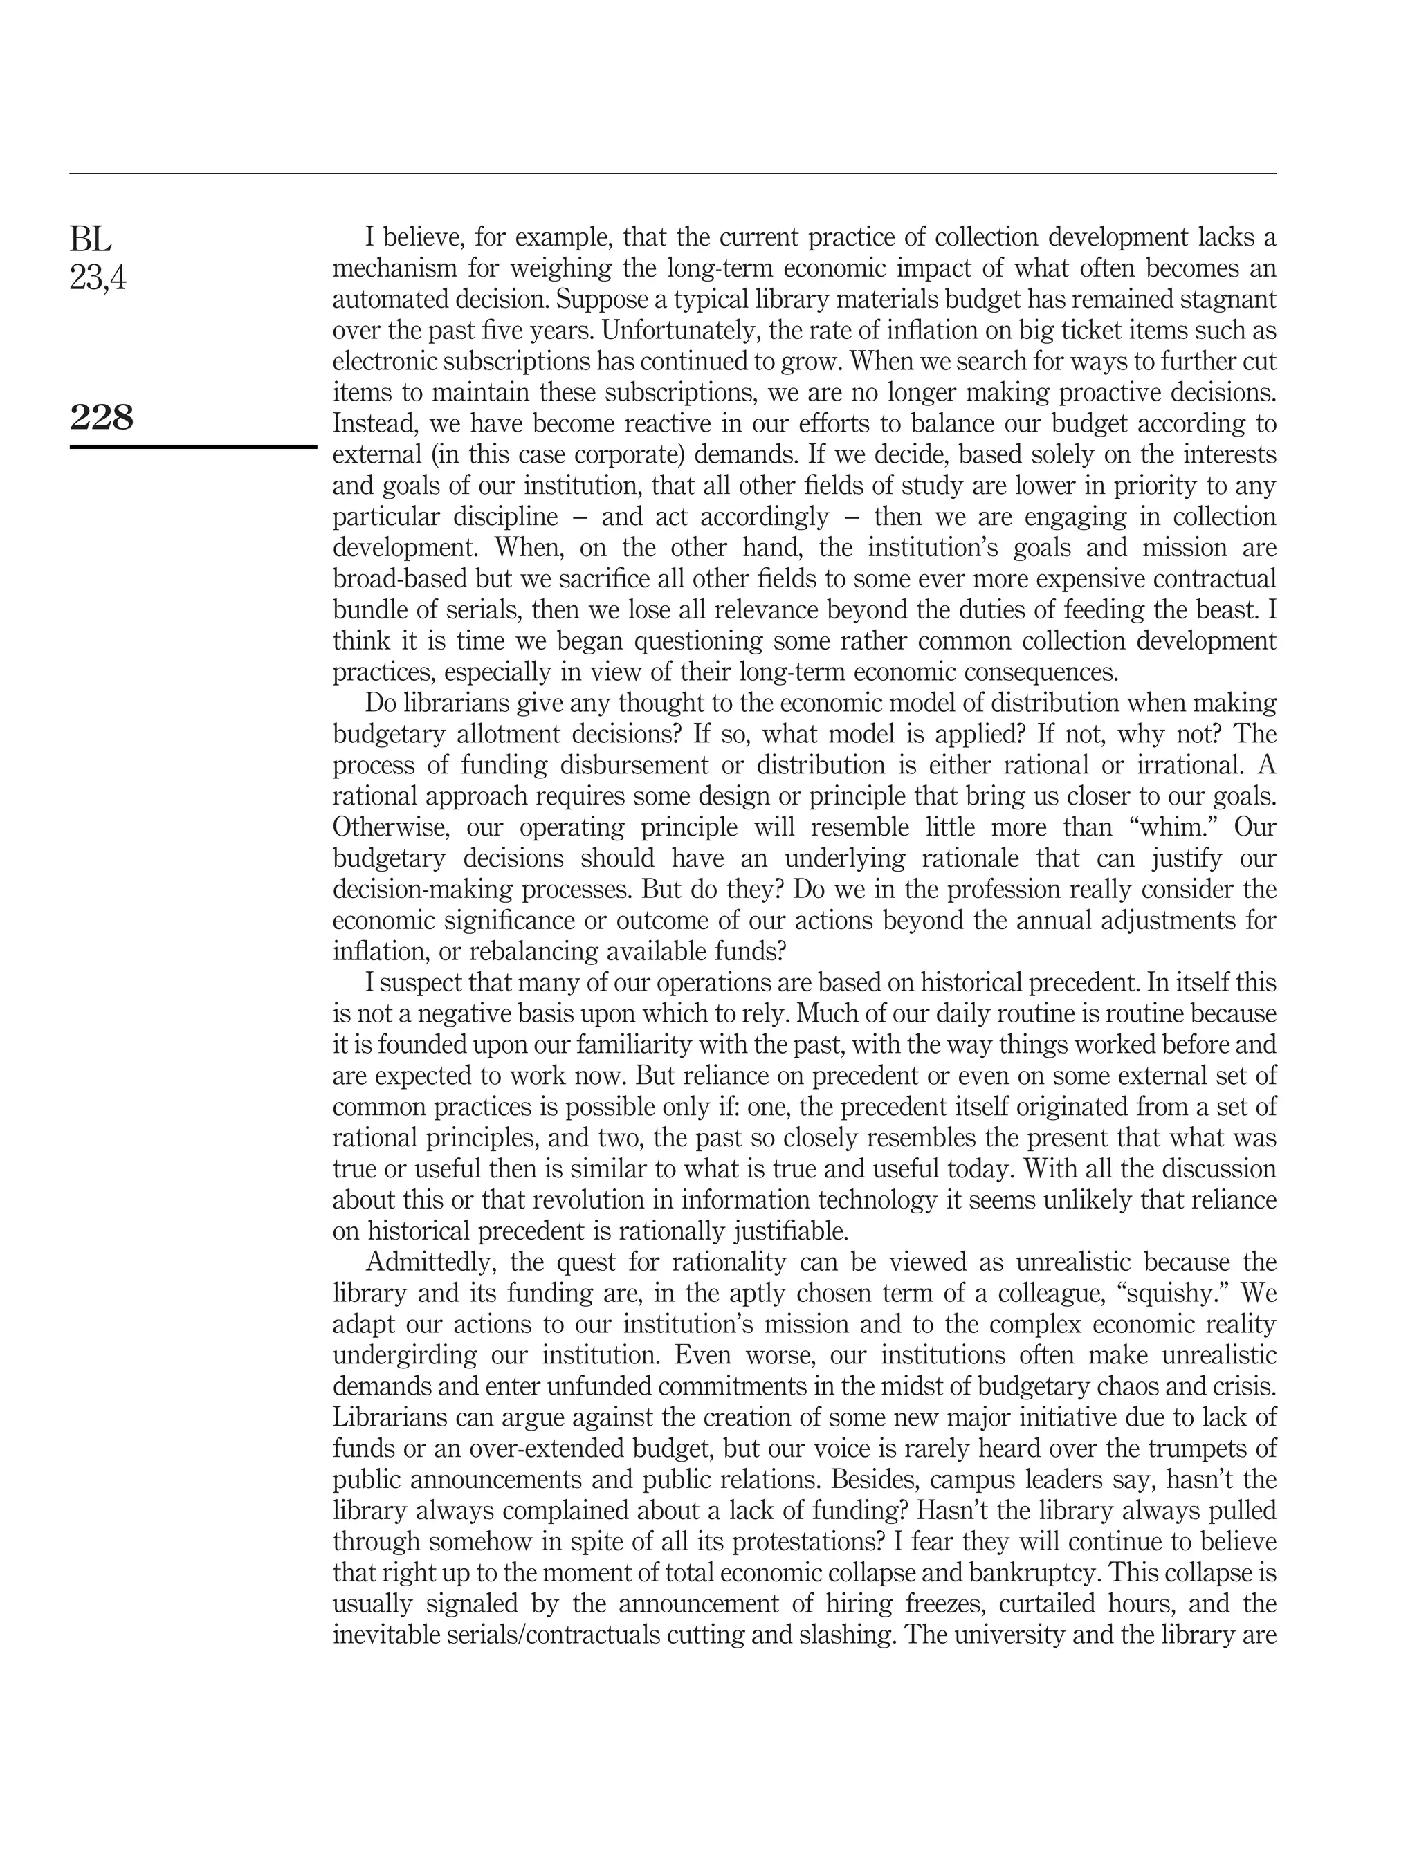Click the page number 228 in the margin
click(x=101, y=417)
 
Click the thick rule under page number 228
click(x=193, y=446)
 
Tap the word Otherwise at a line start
click(x=390, y=827)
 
